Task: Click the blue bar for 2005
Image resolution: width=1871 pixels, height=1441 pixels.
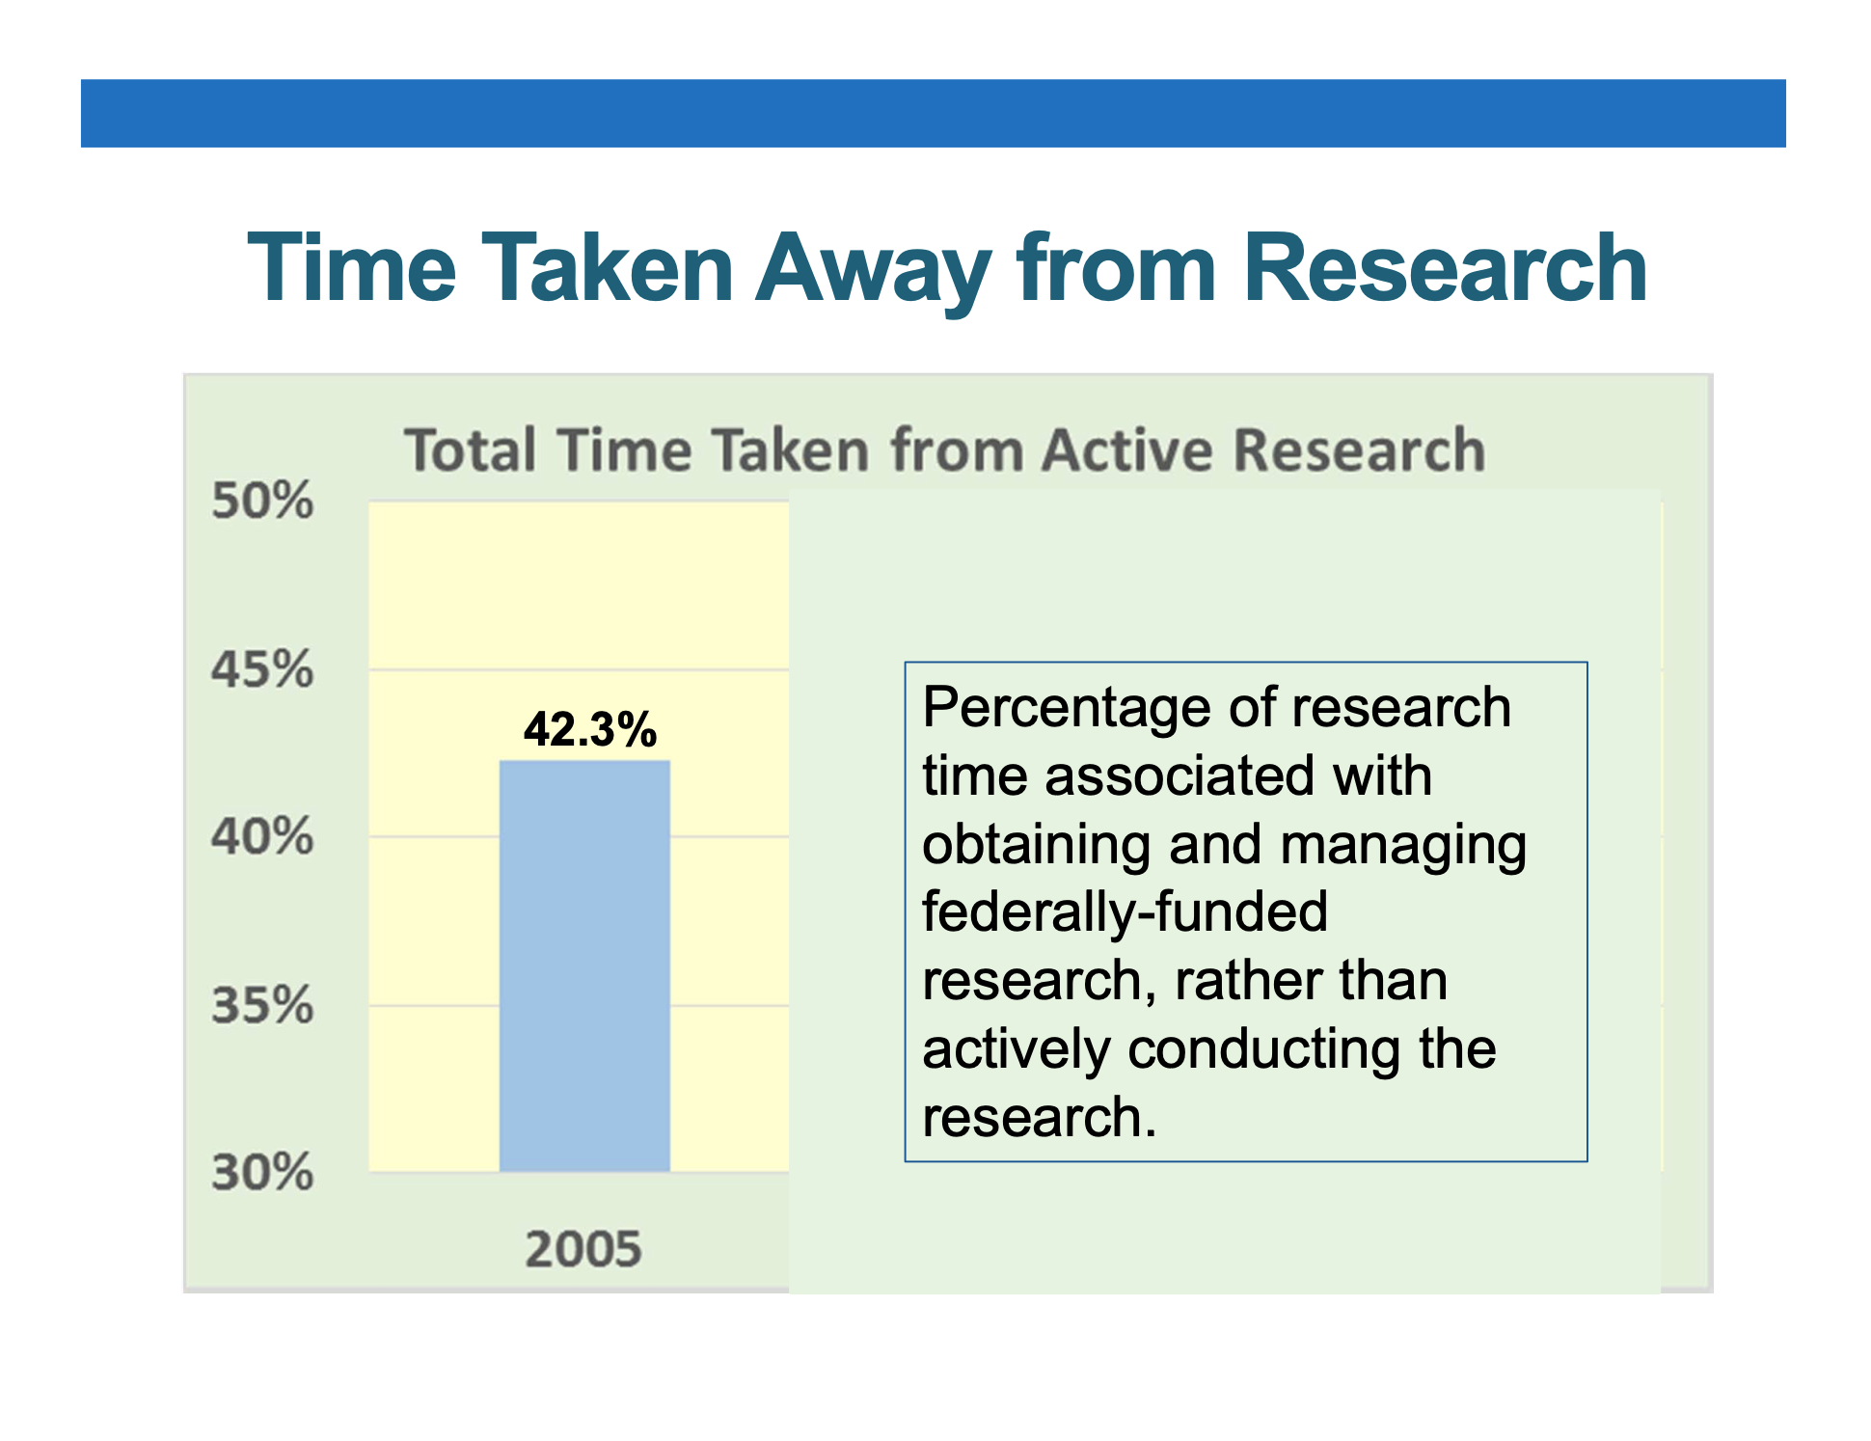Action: tap(584, 965)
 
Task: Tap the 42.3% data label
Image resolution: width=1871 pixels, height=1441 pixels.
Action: tap(590, 729)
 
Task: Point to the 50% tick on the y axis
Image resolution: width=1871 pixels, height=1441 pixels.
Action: tap(262, 501)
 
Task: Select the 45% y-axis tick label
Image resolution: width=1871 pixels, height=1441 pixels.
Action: tap(262, 668)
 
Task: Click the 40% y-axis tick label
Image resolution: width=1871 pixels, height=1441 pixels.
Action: tap(262, 836)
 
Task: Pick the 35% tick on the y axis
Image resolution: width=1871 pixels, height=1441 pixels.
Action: tap(262, 1005)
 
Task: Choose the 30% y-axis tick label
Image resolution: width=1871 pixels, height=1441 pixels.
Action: tap(262, 1173)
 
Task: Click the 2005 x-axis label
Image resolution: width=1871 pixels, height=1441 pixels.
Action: tap(583, 1248)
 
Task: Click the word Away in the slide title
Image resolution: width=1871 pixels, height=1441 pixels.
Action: tap(873, 271)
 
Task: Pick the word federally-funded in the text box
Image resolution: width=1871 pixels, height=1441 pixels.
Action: tap(1125, 912)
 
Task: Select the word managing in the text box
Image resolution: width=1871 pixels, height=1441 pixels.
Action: tap(1403, 845)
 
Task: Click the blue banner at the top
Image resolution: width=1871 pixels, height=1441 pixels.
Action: tap(933, 113)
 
